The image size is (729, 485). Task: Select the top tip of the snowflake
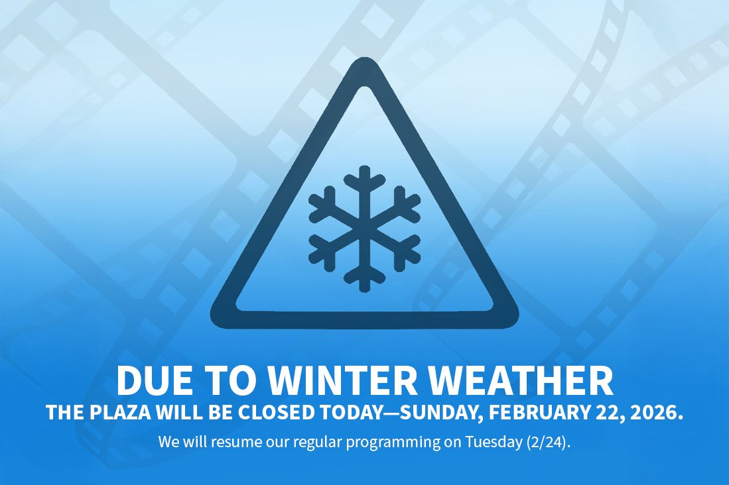pyautogui.click(x=364, y=170)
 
